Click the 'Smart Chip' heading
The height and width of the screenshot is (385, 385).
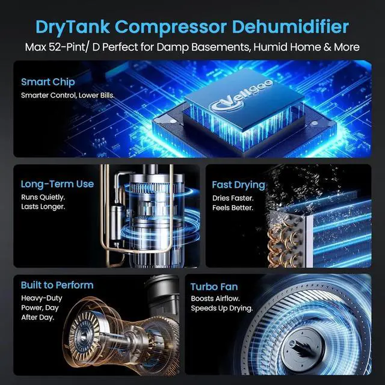pyautogui.click(x=48, y=82)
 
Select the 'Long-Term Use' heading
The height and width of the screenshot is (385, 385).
pyautogui.click(x=57, y=184)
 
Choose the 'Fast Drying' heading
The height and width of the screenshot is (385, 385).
pyautogui.click(x=238, y=185)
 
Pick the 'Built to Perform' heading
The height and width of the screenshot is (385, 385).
pyautogui.click(x=57, y=285)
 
